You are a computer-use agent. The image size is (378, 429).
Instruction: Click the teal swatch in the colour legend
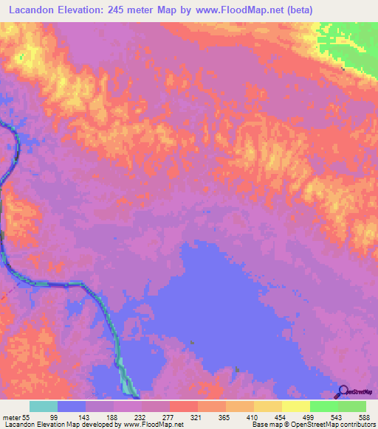click(x=44, y=406)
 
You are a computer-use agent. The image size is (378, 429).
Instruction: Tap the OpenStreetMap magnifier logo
click(x=342, y=391)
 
